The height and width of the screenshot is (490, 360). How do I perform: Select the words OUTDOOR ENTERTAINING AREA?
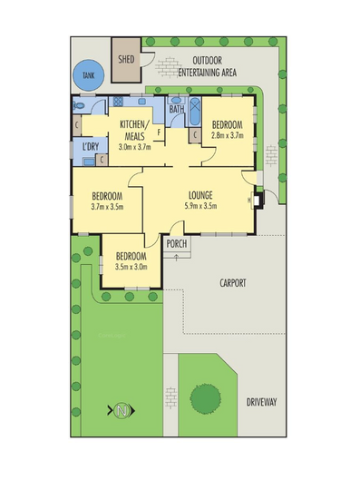[x=208, y=66]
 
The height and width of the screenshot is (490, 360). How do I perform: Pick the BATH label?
[x=176, y=110]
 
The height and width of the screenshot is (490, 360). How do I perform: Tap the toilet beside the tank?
[x=78, y=106]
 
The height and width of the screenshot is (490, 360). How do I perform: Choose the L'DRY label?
[x=90, y=146]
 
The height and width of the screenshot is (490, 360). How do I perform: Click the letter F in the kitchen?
[x=160, y=132]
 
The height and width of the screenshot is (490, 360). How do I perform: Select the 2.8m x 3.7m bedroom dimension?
[x=227, y=134]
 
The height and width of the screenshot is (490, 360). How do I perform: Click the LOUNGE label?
[x=200, y=194]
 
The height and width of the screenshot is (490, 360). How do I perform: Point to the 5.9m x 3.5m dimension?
[x=201, y=206]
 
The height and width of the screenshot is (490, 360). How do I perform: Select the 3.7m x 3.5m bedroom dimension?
[x=107, y=206]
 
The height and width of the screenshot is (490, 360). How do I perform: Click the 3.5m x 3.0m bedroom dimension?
[x=131, y=266]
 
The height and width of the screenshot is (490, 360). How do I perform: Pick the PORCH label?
[x=177, y=243]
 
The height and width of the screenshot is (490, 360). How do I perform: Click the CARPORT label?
[x=233, y=283]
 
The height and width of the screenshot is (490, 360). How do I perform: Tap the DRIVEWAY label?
[x=261, y=402]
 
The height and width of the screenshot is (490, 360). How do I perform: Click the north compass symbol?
[x=122, y=409]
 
